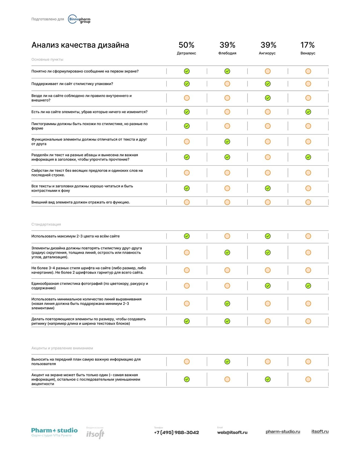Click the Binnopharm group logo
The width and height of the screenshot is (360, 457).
pos(79,19)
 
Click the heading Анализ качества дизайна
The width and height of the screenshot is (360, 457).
pos(80,45)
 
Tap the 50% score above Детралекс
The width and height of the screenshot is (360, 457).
pos(186,45)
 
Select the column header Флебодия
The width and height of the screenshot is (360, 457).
pos(227,53)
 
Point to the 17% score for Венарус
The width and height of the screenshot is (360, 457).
pos(307,45)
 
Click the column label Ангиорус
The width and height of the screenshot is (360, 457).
pos(267,53)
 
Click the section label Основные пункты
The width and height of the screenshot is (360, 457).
pos(47,60)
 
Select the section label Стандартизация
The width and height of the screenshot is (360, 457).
pos(46,224)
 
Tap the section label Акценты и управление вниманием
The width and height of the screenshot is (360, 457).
pos(62,348)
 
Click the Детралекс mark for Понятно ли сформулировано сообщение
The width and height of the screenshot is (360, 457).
pos(187,71)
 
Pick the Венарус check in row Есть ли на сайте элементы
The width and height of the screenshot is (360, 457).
pos(308,112)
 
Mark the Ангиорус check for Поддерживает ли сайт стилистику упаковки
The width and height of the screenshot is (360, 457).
pos(268,84)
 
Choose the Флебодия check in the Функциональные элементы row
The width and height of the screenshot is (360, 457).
pos(227,142)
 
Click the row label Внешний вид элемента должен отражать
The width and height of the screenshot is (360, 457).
pos(81,202)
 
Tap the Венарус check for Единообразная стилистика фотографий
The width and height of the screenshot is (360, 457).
pos(308,286)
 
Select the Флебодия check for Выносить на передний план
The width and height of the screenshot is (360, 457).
pos(227,362)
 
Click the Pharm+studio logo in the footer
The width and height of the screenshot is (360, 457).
pos(54,432)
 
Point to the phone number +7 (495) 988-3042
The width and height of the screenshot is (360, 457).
pos(177,433)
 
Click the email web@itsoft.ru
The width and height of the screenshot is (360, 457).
pos(232,433)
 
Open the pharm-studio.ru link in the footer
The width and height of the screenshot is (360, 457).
pos(283,432)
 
